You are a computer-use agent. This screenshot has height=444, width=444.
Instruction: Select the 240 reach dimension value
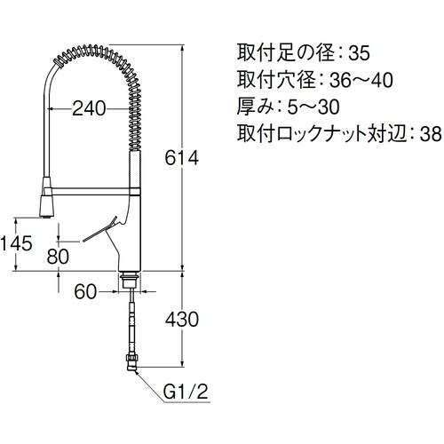point(90,109)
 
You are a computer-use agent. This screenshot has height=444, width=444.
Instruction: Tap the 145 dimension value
point(16,241)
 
